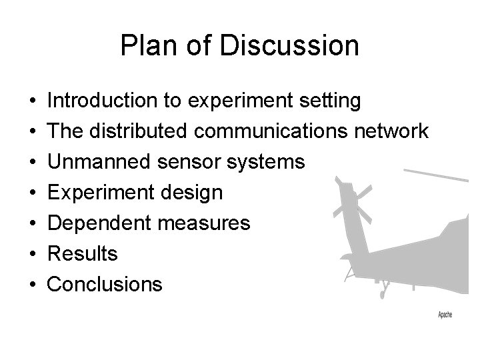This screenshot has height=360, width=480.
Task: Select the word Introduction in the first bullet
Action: click(103, 101)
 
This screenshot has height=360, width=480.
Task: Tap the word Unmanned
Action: click(99, 163)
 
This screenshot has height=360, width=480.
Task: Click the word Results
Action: click(83, 254)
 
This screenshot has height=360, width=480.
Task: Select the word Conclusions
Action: click(105, 285)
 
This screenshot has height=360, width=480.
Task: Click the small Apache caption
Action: click(445, 315)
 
